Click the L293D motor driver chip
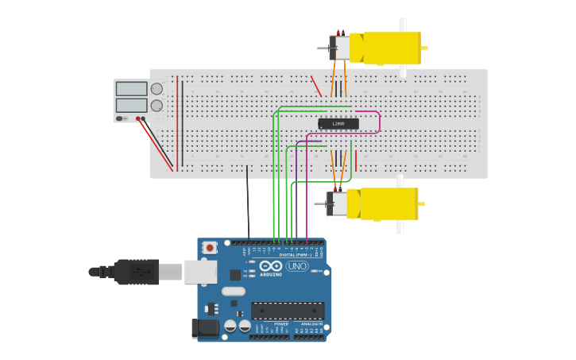338,123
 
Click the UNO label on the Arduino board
297,266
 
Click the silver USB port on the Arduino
200,272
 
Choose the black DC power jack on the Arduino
205,327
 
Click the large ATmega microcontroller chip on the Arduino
288,311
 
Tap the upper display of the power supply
131,89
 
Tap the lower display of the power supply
131,105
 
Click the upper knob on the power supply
157,89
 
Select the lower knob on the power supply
157,105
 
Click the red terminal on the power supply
138,119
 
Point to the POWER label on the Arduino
281,324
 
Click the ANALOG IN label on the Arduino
311,324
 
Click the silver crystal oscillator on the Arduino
233,291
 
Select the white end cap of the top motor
340,48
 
